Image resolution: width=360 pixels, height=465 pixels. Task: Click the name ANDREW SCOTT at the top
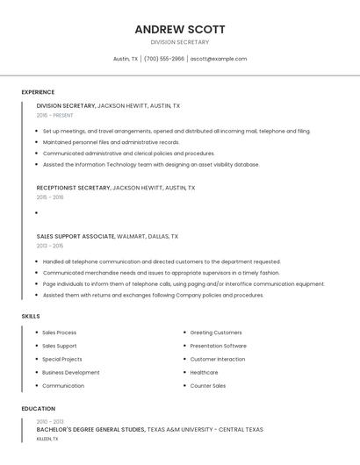click(x=180, y=29)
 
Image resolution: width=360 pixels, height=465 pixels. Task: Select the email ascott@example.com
click(x=219, y=59)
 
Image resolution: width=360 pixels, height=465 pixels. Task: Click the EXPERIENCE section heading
click(x=38, y=92)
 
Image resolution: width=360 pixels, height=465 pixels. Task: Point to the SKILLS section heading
click(x=31, y=316)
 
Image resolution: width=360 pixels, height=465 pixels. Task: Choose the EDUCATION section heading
click(x=39, y=409)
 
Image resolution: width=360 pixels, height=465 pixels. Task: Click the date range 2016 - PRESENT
click(x=55, y=115)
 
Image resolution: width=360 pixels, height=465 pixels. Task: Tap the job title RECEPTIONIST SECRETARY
click(x=73, y=188)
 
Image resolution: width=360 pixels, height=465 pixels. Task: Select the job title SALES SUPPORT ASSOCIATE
click(x=76, y=236)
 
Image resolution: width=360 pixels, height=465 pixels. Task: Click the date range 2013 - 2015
click(x=50, y=246)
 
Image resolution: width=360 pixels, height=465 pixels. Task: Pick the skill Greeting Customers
click(x=216, y=333)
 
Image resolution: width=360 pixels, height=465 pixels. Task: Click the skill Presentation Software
click(x=219, y=346)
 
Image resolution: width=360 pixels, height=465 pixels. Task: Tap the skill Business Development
click(x=71, y=372)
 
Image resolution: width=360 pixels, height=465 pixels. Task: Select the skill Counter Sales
click(x=208, y=385)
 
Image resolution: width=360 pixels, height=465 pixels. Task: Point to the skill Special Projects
click(x=62, y=359)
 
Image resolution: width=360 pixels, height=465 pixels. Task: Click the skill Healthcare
click(x=204, y=372)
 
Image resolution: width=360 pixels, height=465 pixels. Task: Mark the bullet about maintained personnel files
click(x=111, y=142)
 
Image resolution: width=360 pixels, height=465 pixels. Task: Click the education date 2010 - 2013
click(x=49, y=422)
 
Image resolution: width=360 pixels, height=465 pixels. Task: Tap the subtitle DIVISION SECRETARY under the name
click(x=180, y=42)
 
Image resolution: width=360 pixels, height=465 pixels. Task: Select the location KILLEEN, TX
click(x=47, y=438)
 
